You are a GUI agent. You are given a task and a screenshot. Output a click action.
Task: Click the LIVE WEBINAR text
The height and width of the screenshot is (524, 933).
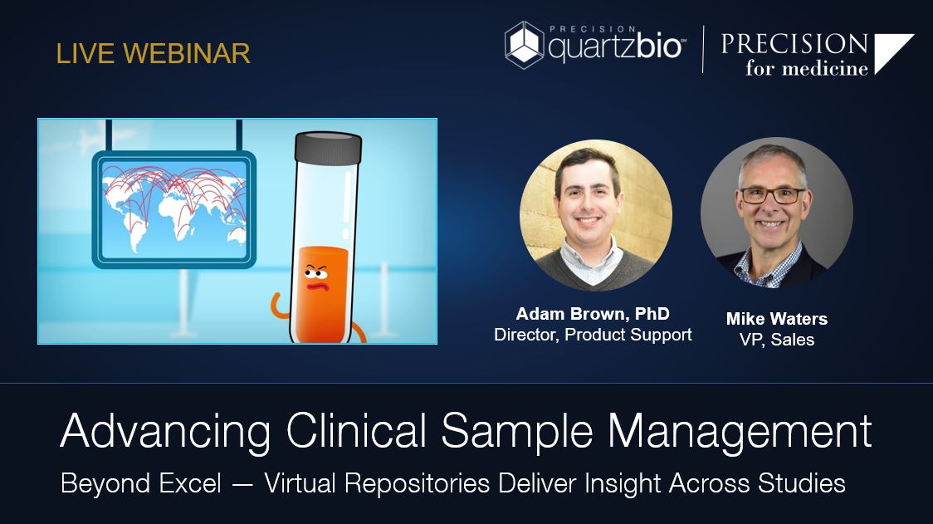pos(153,54)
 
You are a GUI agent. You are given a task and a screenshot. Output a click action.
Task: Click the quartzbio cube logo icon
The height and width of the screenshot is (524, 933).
pos(525,46)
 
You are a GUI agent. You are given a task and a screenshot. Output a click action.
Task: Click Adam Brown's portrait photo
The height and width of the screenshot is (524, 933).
pos(595,214)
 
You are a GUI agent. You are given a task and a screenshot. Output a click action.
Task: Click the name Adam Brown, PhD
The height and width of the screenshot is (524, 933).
pos(593,314)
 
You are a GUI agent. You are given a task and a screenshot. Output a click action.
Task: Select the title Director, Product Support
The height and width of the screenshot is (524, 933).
pos(593,335)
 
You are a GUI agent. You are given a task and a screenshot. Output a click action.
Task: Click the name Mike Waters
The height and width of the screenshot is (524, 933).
pos(776,319)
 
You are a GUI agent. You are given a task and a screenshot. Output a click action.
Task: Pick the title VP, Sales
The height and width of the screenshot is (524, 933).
pos(776,339)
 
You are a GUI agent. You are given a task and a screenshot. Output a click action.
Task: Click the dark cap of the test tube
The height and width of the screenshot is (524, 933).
pos(330,148)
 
